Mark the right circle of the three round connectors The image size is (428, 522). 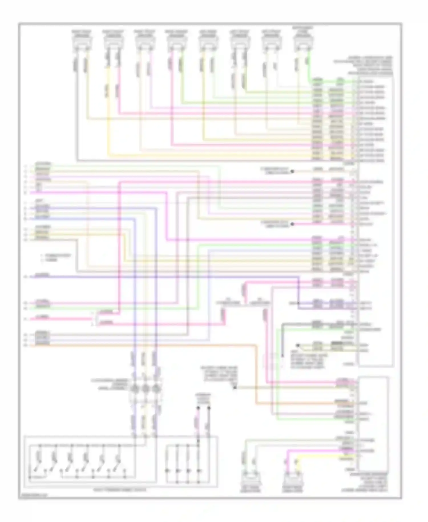click(x=156, y=389)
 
